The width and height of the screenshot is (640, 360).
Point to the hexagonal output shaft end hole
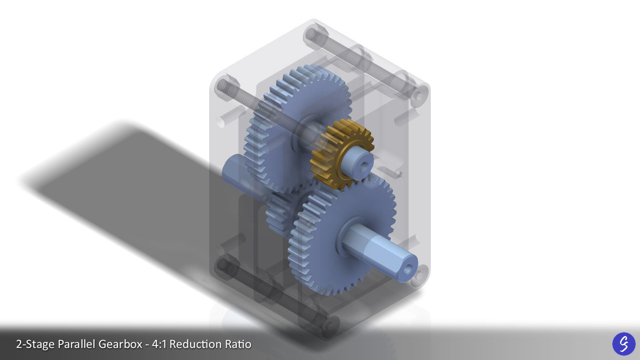click(x=407, y=270)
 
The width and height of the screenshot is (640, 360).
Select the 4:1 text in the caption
click(x=159, y=344)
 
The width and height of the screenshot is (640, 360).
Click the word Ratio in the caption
click(x=238, y=344)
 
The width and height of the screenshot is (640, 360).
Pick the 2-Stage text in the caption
click(x=35, y=344)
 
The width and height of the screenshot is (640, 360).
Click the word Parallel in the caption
click(x=76, y=344)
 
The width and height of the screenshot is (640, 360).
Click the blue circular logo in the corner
click(x=624, y=344)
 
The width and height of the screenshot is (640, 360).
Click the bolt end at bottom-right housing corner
click(x=419, y=276)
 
